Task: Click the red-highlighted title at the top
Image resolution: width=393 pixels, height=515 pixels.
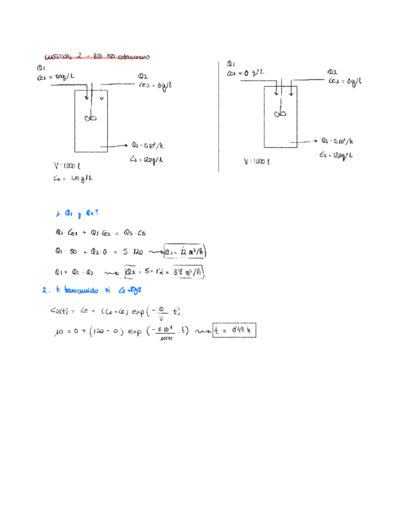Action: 97,56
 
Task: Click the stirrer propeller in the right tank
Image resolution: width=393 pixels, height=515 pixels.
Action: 281,114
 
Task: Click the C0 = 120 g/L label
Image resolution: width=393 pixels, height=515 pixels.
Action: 68,178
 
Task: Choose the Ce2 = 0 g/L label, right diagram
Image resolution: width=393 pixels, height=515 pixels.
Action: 346,80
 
